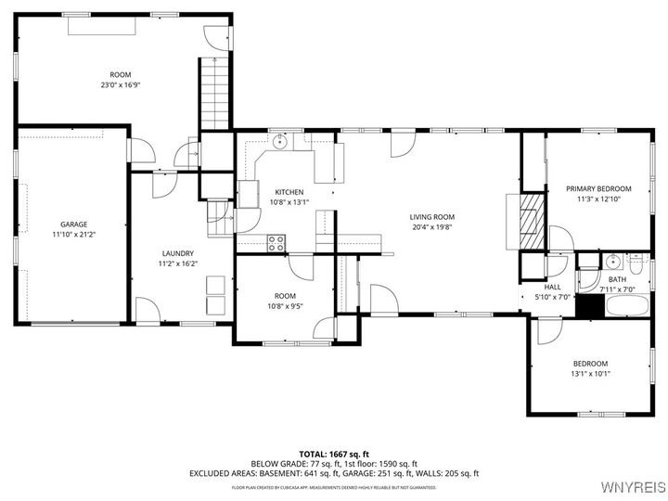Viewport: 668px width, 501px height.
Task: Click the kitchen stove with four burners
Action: coord(276,243)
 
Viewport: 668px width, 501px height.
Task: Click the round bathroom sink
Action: coord(613,261)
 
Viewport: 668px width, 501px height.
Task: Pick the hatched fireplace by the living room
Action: coord(532,222)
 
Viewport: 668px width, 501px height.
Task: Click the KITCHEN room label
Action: coord(288,191)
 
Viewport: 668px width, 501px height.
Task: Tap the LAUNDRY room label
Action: coord(177,253)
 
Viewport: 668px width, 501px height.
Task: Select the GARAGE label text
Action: coord(74,225)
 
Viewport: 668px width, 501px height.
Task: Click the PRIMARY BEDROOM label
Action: coord(598,188)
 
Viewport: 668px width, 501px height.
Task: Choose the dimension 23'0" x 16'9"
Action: coord(121,85)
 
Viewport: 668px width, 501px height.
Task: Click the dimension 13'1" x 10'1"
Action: coord(590,373)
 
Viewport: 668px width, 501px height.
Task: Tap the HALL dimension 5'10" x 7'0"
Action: coord(553,298)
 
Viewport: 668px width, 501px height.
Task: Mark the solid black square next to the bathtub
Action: coord(588,305)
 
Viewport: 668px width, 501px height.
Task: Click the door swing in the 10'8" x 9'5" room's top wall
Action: coord(302,265)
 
